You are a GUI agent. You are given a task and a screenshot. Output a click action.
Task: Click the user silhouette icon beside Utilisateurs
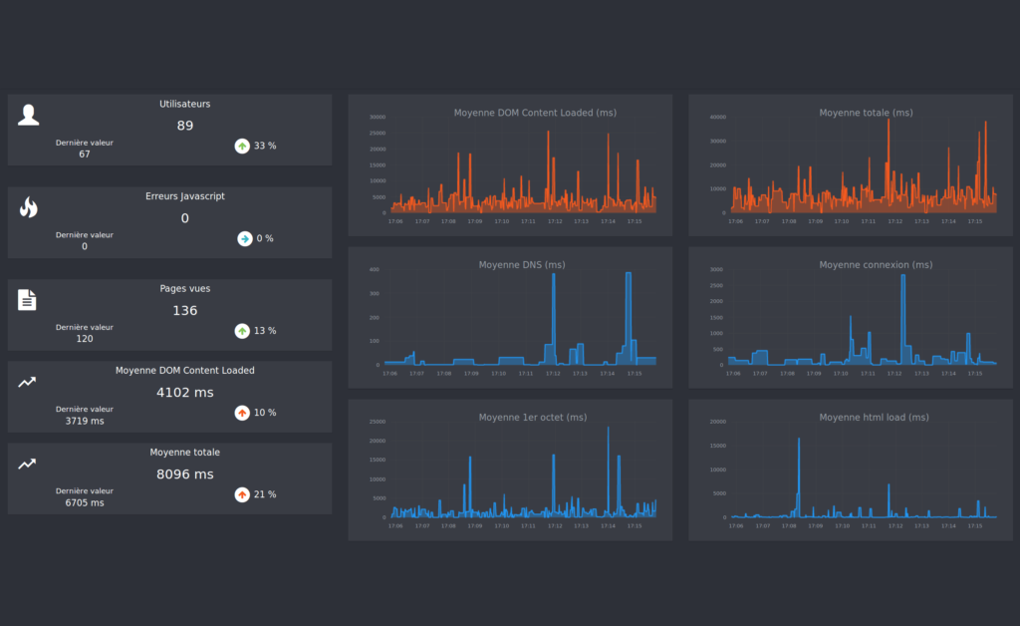point(29,115)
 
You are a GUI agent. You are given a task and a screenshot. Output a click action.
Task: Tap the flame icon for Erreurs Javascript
point(28,206)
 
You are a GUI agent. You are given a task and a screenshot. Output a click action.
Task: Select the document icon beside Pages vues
point(27,299)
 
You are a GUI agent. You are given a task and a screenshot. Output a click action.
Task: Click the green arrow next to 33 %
point(242,146)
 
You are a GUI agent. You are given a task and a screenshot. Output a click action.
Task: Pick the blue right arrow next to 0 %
point(244,238)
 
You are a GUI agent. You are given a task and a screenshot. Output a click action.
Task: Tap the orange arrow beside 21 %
point(242,494)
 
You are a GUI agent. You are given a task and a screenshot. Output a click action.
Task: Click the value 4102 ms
point(184,392)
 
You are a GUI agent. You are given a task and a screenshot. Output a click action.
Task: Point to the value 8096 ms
point(184,473)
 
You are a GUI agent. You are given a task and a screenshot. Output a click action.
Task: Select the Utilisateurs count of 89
point(184,126)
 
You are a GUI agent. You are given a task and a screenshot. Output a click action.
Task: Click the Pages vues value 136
point(184,310)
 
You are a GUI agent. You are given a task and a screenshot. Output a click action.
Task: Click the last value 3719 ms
point(85,421)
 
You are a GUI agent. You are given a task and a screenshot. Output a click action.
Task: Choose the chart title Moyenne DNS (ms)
point(521,264)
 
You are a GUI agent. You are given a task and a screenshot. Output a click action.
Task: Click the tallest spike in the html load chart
point(798,440)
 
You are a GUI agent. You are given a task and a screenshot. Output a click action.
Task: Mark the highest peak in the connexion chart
point(902,276)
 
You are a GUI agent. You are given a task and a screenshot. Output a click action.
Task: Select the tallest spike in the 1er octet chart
point(608,429)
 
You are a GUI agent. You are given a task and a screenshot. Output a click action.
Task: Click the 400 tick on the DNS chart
point(375,269)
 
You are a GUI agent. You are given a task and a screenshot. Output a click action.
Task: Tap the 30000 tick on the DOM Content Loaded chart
point(377,117)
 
